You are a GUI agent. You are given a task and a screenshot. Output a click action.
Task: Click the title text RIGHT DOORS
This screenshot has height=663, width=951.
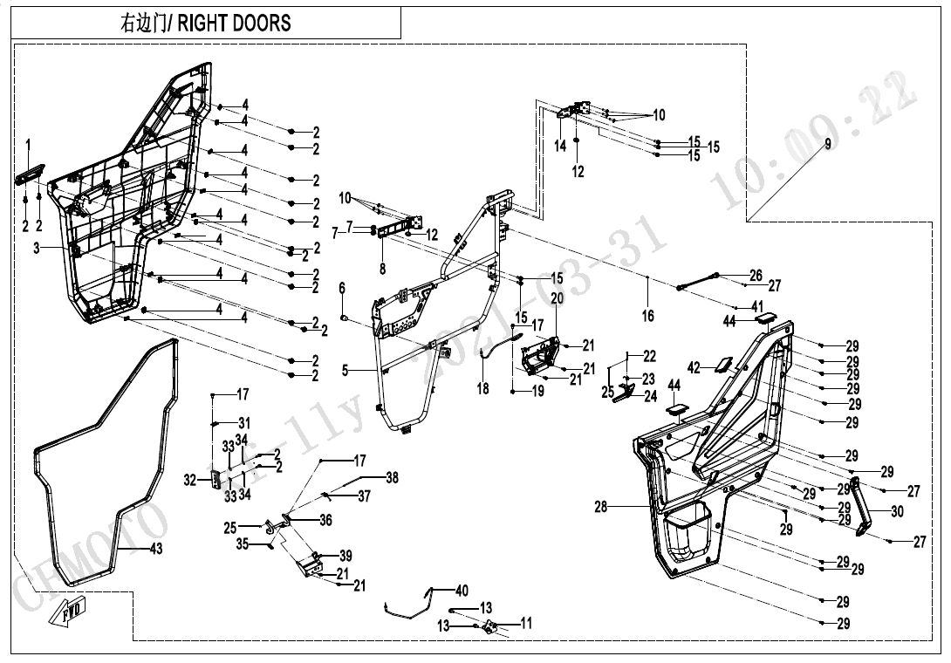(x=234, y=23)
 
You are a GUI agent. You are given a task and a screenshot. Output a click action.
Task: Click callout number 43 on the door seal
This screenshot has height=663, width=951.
(x=156, y=549)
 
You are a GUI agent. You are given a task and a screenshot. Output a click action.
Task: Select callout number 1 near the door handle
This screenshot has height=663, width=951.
(x=28, y=143)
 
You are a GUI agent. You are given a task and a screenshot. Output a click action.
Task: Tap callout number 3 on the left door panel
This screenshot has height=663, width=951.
(x=37, y=249)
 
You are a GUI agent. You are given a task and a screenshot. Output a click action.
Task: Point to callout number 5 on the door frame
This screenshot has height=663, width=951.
(x=346, y=371)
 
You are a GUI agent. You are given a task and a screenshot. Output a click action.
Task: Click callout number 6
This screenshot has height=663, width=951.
(x=342, y=288)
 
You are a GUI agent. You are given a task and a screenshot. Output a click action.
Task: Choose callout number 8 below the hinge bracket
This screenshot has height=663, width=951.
(x=381, y=269)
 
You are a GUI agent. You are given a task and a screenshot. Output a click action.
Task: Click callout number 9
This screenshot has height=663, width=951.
(x=828, y=141)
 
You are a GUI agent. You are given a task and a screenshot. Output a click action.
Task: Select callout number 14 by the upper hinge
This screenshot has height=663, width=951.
(x=560, y=147)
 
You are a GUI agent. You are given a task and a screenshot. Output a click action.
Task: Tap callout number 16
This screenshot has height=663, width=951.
(x=647, y=316)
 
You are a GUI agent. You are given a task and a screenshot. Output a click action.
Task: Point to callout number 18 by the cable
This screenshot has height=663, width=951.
(x=482, y=389)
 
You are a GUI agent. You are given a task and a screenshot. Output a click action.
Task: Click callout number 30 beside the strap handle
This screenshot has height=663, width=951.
(x=898, y=512)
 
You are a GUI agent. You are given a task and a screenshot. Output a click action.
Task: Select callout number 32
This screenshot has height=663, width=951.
(x=190, y=479)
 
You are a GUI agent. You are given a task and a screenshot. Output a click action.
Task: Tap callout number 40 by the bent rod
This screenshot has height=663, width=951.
(x=462, y=591)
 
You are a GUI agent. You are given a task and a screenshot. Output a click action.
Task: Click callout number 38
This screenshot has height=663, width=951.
(x=392, y=478)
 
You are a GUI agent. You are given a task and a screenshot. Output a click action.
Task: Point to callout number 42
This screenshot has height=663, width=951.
(x=694, y=368)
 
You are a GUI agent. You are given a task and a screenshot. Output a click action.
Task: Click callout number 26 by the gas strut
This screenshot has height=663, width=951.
(x=756, y=276)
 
